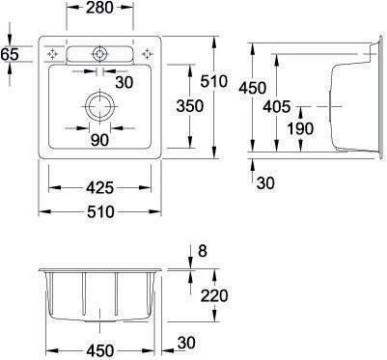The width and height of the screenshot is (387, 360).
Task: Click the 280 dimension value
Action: tap(99, 8)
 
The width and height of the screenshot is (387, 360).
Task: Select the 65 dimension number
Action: tap(10, 54)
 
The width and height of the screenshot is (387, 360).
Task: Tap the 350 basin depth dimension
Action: tap(190, 106)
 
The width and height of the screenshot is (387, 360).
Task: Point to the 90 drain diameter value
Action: tap(99, 140)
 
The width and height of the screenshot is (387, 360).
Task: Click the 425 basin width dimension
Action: tap(100, 188)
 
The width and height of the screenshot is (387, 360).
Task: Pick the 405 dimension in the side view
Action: tap(276, 106)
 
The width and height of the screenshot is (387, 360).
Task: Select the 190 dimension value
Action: tap(300, 128)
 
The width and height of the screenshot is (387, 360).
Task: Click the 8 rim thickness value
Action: tap(202, 251)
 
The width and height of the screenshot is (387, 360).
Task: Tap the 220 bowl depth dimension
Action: tap(214, 295)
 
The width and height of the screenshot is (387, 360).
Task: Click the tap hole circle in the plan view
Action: tap(99, 53)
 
